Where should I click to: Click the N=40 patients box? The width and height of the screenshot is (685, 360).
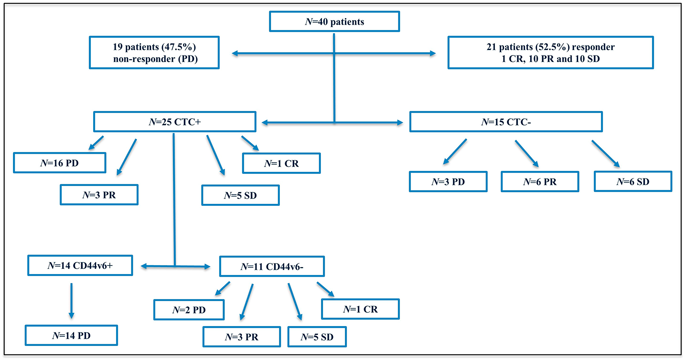pyautogui.click(x=334, y=22)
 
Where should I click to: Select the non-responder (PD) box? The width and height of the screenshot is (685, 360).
pyautogui.click(x=154, y=53)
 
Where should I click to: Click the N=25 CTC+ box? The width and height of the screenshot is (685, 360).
pyautogui.click(x=175, y=122)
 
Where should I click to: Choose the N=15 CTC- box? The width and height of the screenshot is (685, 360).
pyautogui.click(x=506, y=122)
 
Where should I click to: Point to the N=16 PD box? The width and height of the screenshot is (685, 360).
pyautogui.click(x=60, y=163)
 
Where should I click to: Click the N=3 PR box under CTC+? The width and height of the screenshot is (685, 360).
pyautogui.click(x=99, y=195)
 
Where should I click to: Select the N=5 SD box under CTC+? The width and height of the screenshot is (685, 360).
pyautogui.click(x=240, y=196)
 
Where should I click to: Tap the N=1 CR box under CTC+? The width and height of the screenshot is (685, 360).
pyautogui.click(x=281, y=163)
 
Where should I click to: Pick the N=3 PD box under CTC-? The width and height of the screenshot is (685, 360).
pyautogui.click(x=448, y=182)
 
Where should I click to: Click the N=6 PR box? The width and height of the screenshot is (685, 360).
pyautogui.click(x=540, y=182)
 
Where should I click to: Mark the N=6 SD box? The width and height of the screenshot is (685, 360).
pyautogui.click(x=633, y=182)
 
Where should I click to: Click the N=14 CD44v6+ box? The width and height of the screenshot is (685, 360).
pyautogui.click(x=80, y=265)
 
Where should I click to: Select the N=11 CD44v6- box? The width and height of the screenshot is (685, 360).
pyautogui.click(x=272, y=266)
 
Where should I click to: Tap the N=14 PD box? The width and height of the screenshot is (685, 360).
pyautogui.click(x=71, y=335)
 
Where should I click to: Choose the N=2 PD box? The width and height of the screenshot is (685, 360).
pyautogui.click(x=189, y=310)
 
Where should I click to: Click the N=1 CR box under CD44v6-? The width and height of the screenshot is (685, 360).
pyautogui.click(x=360, y=309)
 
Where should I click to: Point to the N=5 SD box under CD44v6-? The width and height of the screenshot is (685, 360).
pyautogui.click(x=317, y=337)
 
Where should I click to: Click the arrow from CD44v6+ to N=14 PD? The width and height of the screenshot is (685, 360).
pyautogui.click(x=71, y=300)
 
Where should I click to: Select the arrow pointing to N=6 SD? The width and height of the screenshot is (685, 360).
pyautogui.click(x=605, y=153)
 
